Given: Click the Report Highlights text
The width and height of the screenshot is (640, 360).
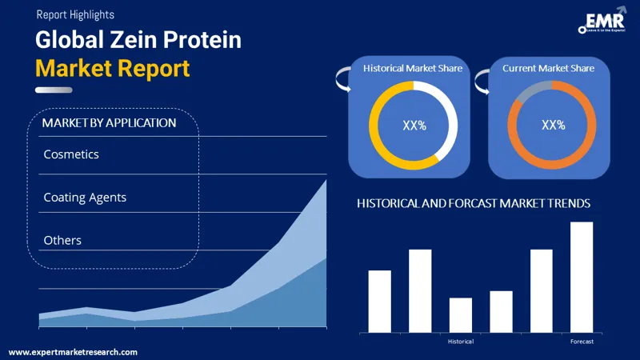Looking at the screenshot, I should [74, 14].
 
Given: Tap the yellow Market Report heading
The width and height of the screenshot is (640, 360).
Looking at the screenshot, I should [113, 68].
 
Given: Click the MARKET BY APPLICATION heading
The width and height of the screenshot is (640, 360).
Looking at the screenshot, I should [109, 123].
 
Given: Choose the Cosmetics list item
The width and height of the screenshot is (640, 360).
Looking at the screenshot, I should [71, 154].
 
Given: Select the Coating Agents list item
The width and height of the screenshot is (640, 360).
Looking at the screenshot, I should [85, 197].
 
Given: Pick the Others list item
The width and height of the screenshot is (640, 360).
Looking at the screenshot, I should [62, 240].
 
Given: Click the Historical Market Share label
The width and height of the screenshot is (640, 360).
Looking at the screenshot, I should [413, 69].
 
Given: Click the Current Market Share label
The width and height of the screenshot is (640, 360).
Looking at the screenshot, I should [548, 69].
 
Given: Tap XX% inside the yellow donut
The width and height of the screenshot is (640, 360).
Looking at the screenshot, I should [414, 126].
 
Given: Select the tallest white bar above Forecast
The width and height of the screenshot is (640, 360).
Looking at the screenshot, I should [582, 277].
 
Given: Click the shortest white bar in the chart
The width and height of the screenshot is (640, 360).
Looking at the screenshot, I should [461, 315].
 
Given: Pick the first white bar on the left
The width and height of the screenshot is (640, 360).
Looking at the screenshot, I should [379, 301].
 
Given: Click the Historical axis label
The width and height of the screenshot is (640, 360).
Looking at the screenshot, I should [461, 342].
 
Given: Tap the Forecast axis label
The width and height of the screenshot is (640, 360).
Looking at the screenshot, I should [582, 342].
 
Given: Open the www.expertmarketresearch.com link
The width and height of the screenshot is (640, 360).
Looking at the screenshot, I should [73, 352].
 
